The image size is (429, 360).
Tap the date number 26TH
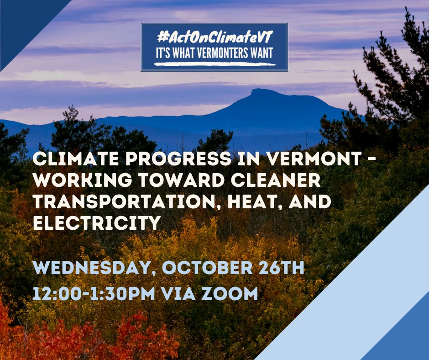coord(281,267)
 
